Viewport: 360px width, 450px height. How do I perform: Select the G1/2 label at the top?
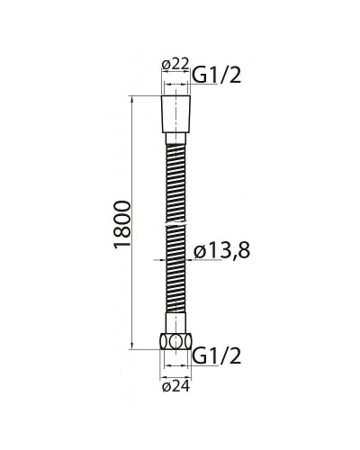coord(216,76)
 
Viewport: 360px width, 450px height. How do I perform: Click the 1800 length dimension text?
coord(123,225)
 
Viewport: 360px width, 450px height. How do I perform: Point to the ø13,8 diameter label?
coord(221,251)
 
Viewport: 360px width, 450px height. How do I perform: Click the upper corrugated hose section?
coord(175,175)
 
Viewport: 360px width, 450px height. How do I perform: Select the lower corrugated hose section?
coord(175,270)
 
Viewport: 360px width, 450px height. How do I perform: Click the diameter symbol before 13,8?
coord(201,252)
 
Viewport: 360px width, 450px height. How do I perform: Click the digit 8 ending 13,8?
coord(242,251)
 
